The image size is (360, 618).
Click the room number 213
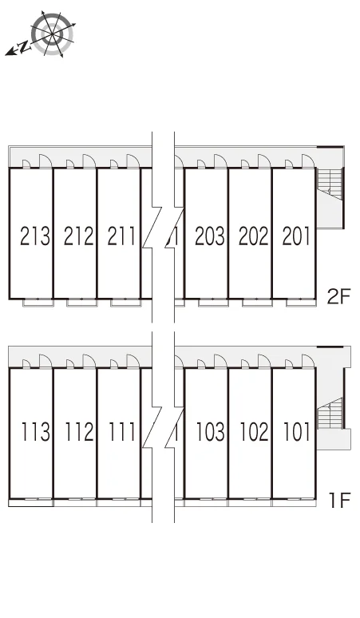35,236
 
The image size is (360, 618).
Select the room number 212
79,236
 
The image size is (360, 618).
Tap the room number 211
121,236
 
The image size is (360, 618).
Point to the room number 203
210,236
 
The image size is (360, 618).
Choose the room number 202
254,236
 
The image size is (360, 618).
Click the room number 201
296,236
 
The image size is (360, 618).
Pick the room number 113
36,432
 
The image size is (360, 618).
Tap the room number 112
80,432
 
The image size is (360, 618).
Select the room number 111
122,432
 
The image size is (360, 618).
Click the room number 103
211,432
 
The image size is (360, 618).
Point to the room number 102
255,432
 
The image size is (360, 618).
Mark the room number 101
297,432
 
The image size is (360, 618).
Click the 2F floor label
338,296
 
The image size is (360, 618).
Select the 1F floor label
340,501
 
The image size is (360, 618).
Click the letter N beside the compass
25,47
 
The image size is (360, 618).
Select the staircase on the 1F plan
330,414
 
